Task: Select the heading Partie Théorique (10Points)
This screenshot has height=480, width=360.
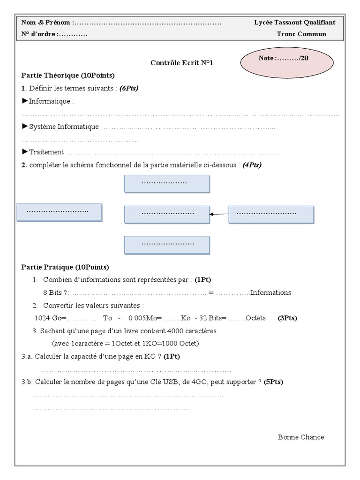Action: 68,75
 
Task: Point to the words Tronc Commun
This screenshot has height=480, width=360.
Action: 301,34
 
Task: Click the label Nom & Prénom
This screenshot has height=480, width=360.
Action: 46,22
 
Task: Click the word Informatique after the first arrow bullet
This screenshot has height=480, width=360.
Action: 49,101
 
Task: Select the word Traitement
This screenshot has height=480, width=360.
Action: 46,152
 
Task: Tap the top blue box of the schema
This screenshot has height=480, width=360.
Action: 166,183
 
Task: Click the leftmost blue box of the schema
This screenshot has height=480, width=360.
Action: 59,212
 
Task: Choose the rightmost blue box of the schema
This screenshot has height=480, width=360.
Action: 271,214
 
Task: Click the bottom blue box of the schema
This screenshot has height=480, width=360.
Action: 166,245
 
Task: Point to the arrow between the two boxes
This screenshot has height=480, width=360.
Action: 219,214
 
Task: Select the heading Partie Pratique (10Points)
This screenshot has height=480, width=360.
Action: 65,267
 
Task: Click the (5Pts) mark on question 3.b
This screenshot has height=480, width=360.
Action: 273,382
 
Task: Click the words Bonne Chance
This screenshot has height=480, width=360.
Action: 300,437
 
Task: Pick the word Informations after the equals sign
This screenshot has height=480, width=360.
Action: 270,292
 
